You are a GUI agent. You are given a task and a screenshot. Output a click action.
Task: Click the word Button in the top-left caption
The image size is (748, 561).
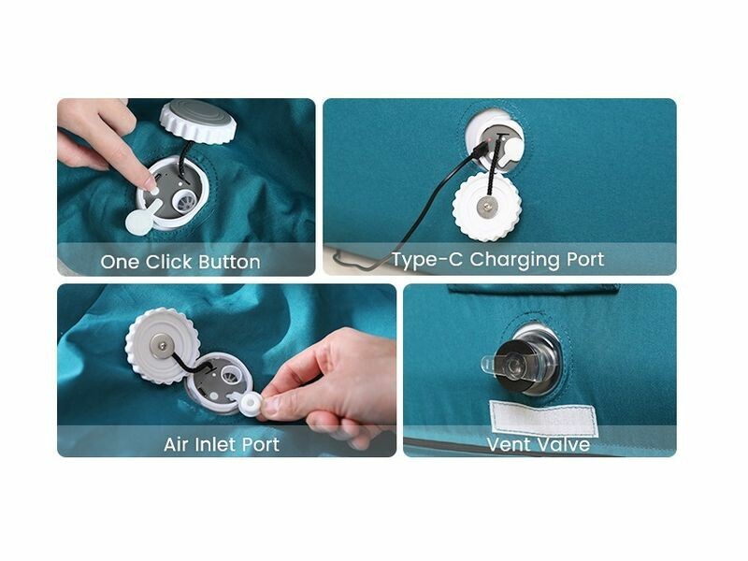coord(229,262)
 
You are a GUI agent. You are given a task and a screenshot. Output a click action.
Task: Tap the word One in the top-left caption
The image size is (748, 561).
coord(120,262)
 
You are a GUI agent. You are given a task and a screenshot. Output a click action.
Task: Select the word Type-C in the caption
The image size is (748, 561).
coord(427,260)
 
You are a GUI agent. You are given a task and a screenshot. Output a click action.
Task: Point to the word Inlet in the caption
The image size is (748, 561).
coord(213,445)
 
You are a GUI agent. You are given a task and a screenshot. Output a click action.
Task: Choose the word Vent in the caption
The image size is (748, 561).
coord(507,445)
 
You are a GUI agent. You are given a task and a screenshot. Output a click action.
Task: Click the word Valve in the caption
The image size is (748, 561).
coord(562,445)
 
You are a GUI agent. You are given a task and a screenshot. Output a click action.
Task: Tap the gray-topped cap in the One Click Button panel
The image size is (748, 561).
coord(198,121)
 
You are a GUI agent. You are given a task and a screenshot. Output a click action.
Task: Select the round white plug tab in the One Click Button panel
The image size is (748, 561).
coord(137,223)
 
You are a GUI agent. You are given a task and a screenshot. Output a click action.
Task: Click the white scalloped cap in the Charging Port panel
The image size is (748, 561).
coord(486,207)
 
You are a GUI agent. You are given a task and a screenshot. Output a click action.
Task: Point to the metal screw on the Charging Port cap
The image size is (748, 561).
coord(486,207)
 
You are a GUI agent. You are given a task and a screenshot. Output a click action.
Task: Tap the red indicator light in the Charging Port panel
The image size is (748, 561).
coord(491,140)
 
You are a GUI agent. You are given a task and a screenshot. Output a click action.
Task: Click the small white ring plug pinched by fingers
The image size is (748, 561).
coord(251,405)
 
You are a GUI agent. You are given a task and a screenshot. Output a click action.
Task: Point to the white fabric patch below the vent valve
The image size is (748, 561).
coord(544,418)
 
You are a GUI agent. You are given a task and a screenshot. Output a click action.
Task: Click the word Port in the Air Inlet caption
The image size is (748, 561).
coord(261,445)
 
